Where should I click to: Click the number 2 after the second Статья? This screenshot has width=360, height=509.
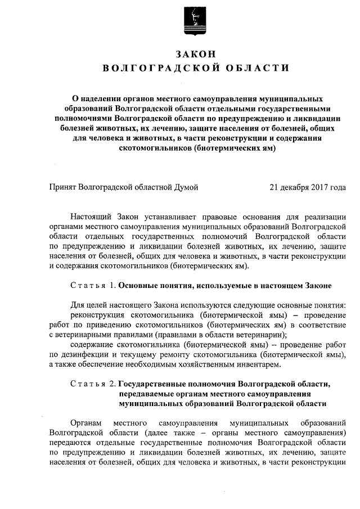point(113,384)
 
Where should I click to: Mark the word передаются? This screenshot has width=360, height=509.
point(69,442)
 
